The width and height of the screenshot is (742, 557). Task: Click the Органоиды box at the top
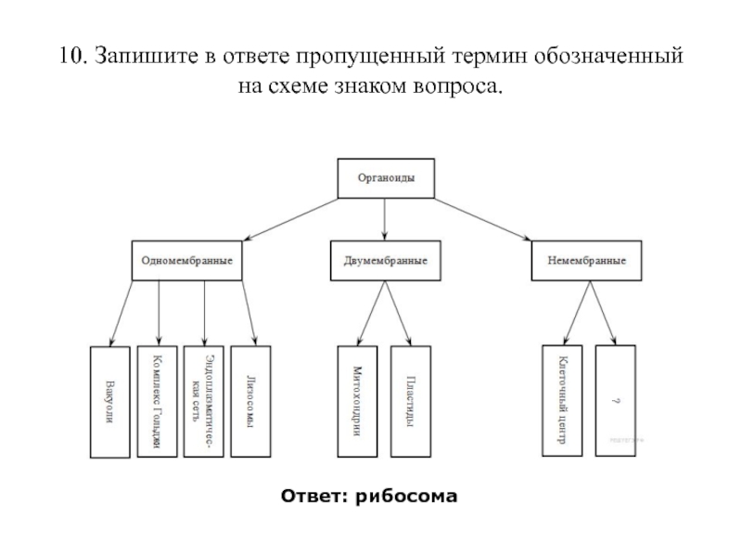pyautogui.click(x=386, y=177)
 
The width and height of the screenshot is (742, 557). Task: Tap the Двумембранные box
pyautogui.click(x=386, y=260)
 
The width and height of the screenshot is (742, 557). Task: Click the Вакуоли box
pyautogui.click(x=109, y=402)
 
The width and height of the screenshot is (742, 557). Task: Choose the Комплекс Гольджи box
pyautogui.click(x=157, y=402)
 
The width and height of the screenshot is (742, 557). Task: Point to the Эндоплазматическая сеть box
pyautogui.click(x=204, y=402)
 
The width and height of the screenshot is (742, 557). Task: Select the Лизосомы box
pyautogui.click(x=250, y=402)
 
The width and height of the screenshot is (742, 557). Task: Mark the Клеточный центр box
pyautogui.click(x=562, y=402)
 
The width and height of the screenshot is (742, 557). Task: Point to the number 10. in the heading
pyautogui.click(x=72, y=57)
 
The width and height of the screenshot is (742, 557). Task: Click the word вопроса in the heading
pyautogui.click(x=460, y=88)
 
